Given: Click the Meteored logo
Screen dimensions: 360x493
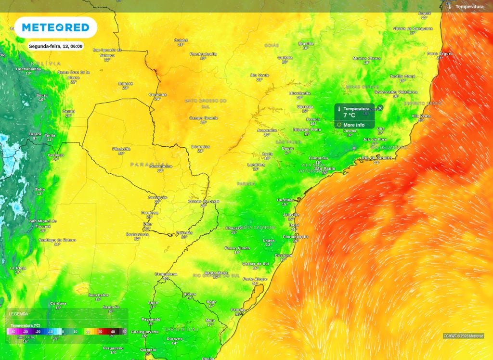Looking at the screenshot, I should [x=55, y=27].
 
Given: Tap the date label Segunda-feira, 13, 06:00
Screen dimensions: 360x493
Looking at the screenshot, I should [x=55, y=46].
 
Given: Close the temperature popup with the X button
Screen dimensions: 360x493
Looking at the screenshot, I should [x=380, y=108].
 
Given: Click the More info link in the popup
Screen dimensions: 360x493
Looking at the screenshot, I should [x=353, y=125].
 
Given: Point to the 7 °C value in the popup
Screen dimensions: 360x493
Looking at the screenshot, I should [x=350, y=116].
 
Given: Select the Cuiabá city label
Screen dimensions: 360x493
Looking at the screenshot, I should [x=181, y=40].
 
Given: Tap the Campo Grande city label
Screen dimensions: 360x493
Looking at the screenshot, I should [x=203, y=118].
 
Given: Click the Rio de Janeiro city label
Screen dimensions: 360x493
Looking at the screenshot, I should [x=377, y=158].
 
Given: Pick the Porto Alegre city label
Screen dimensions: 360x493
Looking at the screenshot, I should [x=255, y=279].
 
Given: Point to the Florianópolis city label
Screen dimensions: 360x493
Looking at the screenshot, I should [x=296, y=237].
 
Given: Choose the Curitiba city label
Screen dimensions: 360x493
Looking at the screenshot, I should [x=285, y=200].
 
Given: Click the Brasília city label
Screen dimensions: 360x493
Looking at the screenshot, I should [x=306, y=43].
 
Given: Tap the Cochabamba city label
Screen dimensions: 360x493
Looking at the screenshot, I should [x=28, y=69].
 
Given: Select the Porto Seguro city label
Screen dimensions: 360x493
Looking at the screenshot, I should [x=440, y=53].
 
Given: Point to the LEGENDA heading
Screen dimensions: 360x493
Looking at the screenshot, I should [x=19, y=314].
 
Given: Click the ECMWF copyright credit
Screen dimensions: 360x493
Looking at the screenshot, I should [x=464, y=336].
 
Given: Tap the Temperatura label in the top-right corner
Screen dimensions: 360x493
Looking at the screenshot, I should [x=469, y=7].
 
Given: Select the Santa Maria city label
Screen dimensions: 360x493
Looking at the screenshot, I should [x=216, y=272].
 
